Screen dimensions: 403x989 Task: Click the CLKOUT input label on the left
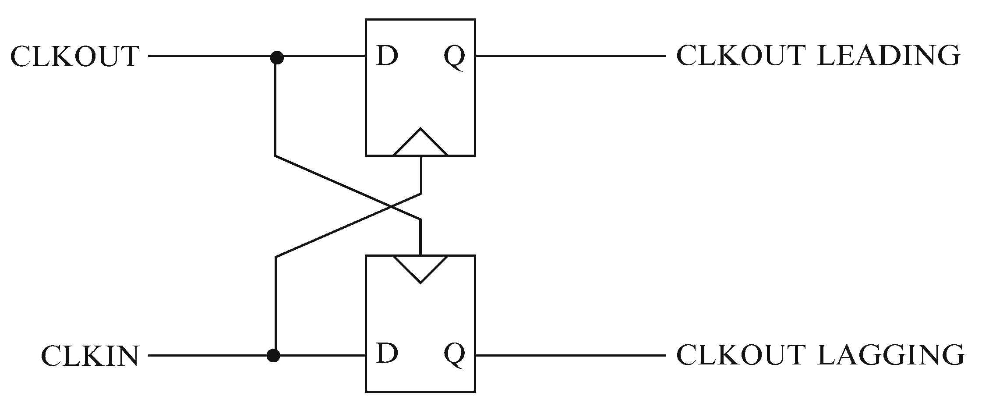tap(74, 56)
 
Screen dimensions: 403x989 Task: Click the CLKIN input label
tap(90, 356)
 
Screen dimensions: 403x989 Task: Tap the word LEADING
tap(889, 56)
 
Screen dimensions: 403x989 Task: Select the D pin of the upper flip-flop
tap(387, 56)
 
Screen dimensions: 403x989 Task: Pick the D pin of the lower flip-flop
tap(387, 354)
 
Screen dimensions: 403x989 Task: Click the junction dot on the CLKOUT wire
tap(276, 57)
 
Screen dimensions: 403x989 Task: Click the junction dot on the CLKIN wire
tap(273, 355)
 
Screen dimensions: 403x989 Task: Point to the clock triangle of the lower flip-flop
tap(420, 267)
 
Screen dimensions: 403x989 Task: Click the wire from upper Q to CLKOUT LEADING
tap(569, 56)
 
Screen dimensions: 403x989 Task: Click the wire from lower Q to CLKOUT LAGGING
tap(569, 355)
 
